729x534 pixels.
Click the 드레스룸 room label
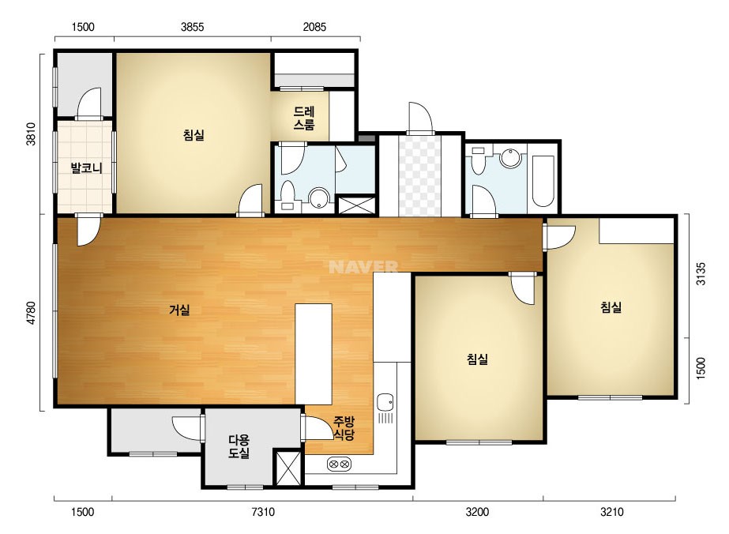304,118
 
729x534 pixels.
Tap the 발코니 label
86,167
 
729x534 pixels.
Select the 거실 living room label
179,310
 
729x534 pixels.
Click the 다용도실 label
239,446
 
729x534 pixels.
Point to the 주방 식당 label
344,428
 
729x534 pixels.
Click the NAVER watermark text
363,266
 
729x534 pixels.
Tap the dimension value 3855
193,27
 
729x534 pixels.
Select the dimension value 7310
263,512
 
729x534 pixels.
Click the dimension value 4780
31,313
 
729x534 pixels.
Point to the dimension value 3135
701,274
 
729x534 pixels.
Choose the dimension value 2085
315,27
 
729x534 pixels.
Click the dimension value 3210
612,512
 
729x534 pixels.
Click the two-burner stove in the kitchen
340,464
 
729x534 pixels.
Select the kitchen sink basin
385,402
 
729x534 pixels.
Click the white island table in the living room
314,354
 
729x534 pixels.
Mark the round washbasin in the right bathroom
510,158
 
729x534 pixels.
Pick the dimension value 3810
31,134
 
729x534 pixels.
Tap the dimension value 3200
478,512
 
